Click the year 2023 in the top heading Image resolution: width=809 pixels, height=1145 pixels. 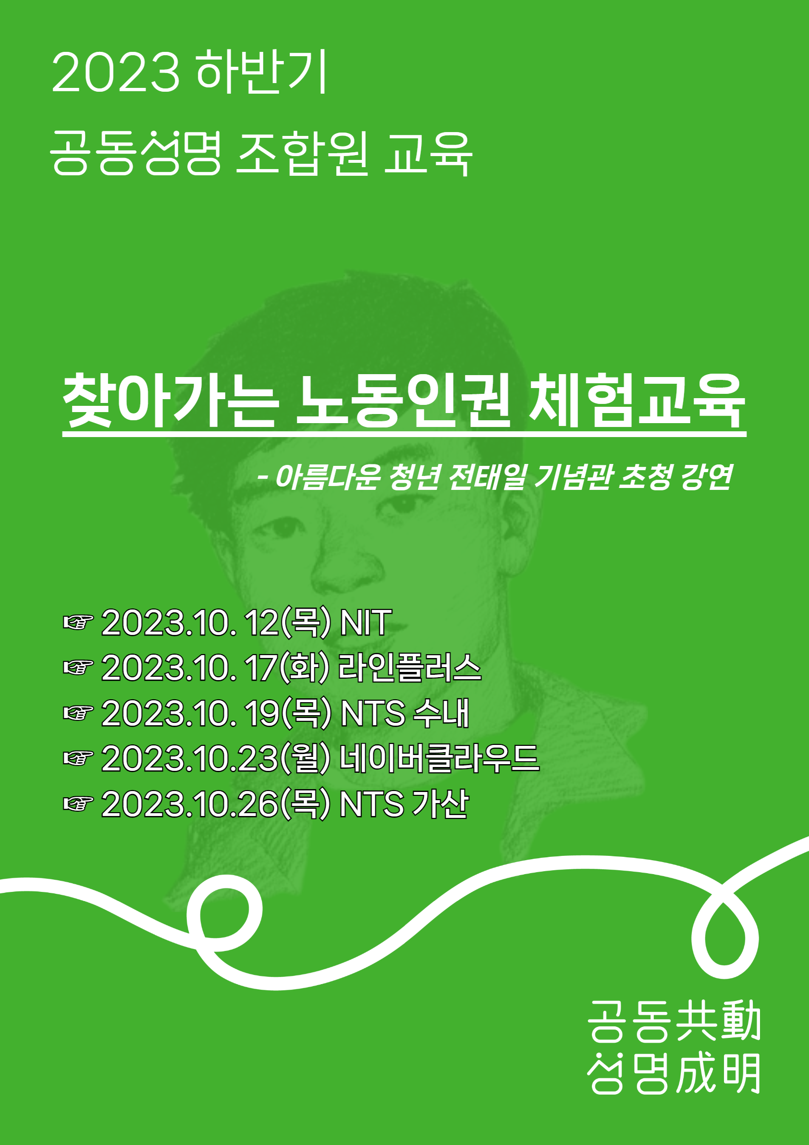tap(115, 73)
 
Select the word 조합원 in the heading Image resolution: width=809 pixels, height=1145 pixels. tap(302, 153)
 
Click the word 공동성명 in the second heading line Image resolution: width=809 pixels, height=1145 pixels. tap(135, 153)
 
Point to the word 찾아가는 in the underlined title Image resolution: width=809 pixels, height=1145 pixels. tap(170, 401)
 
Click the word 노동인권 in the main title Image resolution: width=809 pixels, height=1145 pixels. tap(404, 401)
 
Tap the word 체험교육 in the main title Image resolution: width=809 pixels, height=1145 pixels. tap(637, 401)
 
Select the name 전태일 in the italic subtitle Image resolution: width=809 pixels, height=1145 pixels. tap(487, 477)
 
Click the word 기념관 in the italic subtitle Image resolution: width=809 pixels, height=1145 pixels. tap(573, 477)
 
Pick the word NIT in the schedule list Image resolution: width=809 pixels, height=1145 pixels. tap(366, 622)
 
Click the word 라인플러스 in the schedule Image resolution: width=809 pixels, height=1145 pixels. tap(409, 668)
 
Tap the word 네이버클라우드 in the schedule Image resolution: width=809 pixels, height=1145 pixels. tap(439, 758)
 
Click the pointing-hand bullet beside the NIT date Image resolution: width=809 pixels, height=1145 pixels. tap(78, 623)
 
